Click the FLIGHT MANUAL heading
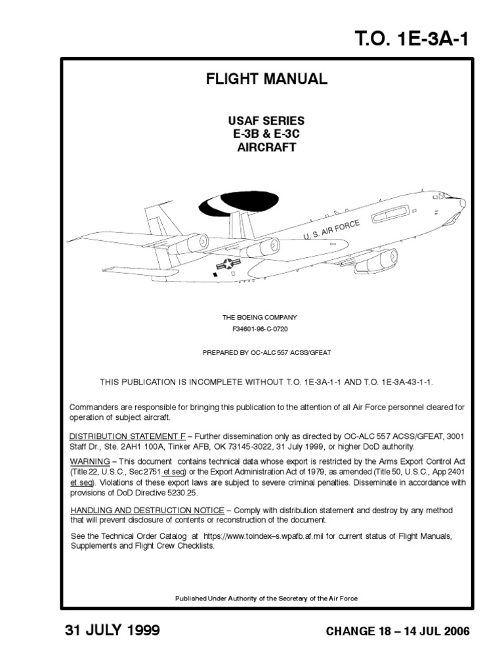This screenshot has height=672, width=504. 266,79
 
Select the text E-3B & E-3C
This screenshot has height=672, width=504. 266,134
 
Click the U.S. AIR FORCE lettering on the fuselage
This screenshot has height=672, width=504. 331,231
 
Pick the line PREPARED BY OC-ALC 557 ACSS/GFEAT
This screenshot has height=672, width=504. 266,353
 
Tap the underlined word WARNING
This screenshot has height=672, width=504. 89,462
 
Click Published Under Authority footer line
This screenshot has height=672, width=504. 266,598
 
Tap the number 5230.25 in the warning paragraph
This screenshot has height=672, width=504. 187,493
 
